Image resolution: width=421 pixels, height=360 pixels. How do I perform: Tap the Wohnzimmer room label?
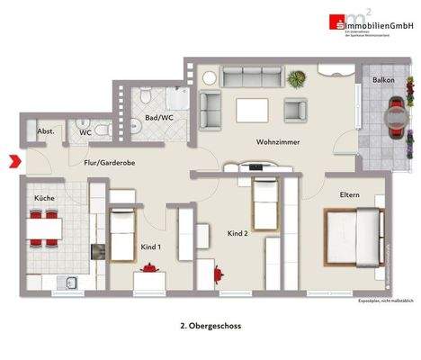[x=277, y=142]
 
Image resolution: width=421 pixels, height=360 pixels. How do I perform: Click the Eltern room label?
[x=350, y=194]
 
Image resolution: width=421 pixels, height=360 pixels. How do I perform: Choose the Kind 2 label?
[x=237, y=233]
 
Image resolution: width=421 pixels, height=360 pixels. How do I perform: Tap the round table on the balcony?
[x=393, y=115]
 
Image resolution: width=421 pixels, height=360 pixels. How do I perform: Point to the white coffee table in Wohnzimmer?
[x=252, y=110]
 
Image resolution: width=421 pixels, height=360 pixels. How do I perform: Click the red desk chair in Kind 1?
[x=148, y=267]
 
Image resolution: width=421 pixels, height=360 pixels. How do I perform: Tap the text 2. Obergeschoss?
[x=210, y=327]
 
